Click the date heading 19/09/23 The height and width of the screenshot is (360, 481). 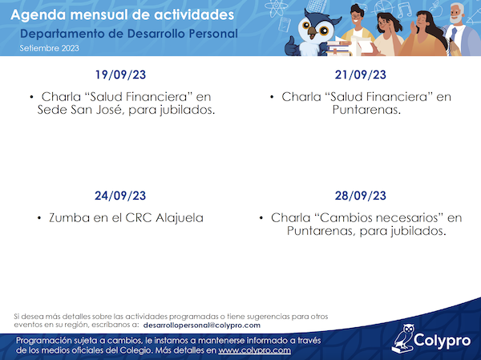(120, 75)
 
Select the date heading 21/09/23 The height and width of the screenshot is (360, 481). (361, 75)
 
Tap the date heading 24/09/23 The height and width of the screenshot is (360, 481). (120, 196)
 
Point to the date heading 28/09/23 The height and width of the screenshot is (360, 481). (361, 196)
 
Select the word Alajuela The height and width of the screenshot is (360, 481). (180, 218)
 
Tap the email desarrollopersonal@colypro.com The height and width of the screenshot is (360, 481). (202, 326)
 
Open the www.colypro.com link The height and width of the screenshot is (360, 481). (255, 350)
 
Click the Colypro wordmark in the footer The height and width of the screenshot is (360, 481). (442, 341)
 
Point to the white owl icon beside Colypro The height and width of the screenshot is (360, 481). (402, 338)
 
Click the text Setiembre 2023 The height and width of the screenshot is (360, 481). (50, 48)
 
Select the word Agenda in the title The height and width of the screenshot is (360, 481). (38, 15)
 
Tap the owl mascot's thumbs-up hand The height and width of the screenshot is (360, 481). (290, 46)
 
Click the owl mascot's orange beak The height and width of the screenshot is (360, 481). (313, 31)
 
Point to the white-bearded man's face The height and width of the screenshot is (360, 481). (456, 13)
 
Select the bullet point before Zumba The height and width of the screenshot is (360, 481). (39, 218)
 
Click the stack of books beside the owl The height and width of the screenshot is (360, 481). (339, 48)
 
